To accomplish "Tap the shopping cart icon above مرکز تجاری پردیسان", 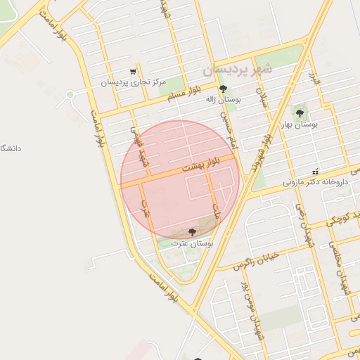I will coord(133,72).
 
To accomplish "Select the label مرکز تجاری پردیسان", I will coord(133,82).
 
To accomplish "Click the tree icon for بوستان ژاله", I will coord(224,89).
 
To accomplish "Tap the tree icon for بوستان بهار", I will coord(300,112).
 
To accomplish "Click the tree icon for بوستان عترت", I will coord(193,231).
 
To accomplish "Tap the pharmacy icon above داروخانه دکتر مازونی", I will coord(316,172).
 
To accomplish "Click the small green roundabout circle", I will coord(70,94).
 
